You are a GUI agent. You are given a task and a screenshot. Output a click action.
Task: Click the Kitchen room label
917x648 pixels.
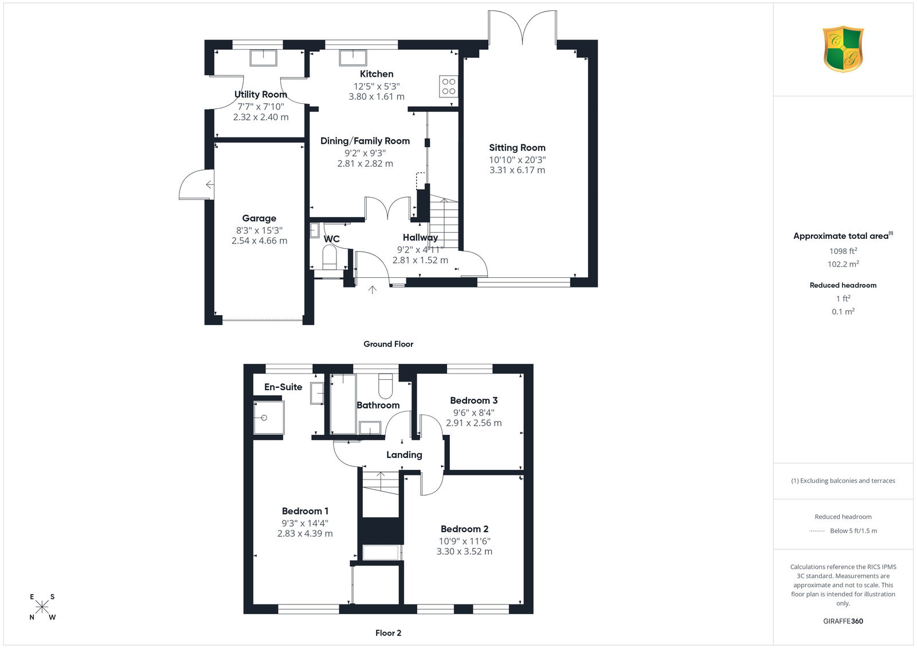pyautogui.click(x=376, y=74)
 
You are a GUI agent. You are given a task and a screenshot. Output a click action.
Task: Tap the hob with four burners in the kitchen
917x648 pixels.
pyautogui.click(x=448, y=87)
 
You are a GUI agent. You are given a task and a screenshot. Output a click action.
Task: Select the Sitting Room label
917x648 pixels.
pyautogui.click(x=517, y=147)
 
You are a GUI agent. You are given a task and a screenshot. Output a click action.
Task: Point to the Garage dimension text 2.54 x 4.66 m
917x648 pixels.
pyautogui.click(x=259, y=241)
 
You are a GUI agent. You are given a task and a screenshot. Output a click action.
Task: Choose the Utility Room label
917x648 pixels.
pyautogui.click(x=261, y=95)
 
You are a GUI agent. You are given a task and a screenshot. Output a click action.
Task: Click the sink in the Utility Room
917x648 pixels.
pyautogui.click(x=264, y=58)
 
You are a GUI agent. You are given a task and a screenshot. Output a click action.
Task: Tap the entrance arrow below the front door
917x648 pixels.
pyautogui.click(x=372, y=290)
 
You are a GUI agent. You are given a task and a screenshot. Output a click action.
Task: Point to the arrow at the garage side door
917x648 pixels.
pyautogui.click(x=210, y=184)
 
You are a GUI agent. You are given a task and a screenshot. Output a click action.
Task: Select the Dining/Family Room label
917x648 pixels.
pyautogui.click(x=365, y=141)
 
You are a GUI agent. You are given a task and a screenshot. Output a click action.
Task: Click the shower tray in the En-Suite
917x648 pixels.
pyautogui.click(x=269, y=418)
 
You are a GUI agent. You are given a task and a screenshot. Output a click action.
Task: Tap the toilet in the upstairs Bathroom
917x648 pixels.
pyautogui.click(x=385, y=386)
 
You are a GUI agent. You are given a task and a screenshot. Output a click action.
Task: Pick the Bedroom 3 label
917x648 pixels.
pyautogui.click(x=473, y=400)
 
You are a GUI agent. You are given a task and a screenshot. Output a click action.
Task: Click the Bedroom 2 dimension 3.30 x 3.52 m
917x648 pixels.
pyautogui.click(x=464, y=551)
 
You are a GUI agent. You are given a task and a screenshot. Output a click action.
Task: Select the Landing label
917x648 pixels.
pyautogui.click(x=404, y=455)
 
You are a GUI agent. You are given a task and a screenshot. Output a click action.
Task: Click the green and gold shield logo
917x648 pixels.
pyautogui.click(x=843, y=49)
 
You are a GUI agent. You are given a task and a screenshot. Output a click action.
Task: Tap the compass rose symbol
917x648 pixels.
pyautogui.click(x=42, y=607)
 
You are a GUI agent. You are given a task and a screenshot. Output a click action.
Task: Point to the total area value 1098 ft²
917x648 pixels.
pyautogui.click(x=843, y=252)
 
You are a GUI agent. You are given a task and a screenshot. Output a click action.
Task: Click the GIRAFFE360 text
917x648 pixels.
pyautogui.click(x=843, y=621)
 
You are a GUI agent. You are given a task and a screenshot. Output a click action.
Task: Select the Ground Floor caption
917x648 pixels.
pyautogui.click(x=388, y=344)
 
